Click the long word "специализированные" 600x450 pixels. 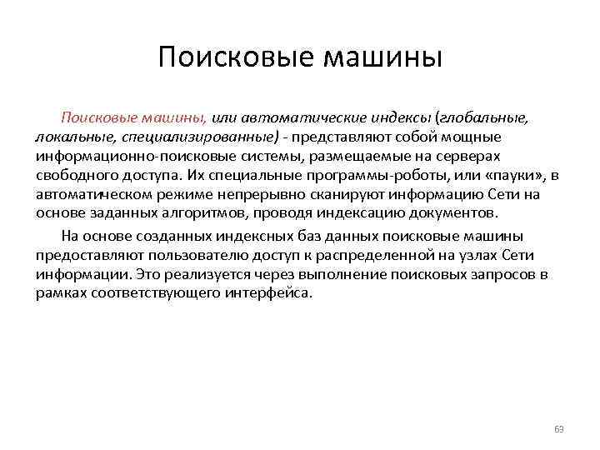(x=197, y=137)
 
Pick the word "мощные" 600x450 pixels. (x=472, y=137)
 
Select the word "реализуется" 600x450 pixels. (x=167, y=274)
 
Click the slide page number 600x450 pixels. (x=559, y=430)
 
